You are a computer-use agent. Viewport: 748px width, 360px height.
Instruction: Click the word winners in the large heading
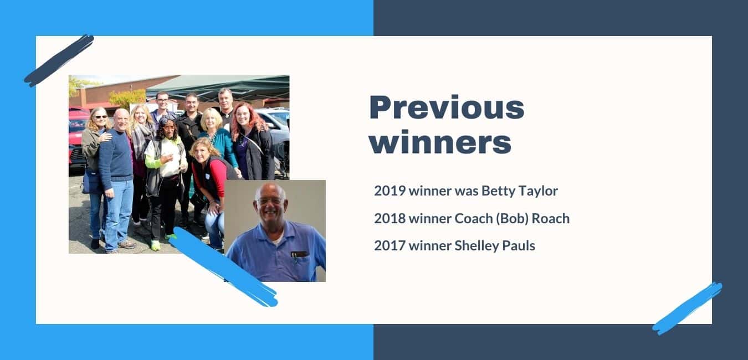440,142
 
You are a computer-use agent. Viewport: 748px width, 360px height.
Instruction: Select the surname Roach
551,219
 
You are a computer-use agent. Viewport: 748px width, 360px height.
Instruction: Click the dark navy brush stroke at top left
59,61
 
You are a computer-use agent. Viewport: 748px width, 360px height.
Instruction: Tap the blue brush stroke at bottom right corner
687,308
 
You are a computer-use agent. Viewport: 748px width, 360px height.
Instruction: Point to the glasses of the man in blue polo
270,201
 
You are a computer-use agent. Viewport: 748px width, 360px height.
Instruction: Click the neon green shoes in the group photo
163,241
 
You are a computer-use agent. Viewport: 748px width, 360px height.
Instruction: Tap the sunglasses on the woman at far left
100,117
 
